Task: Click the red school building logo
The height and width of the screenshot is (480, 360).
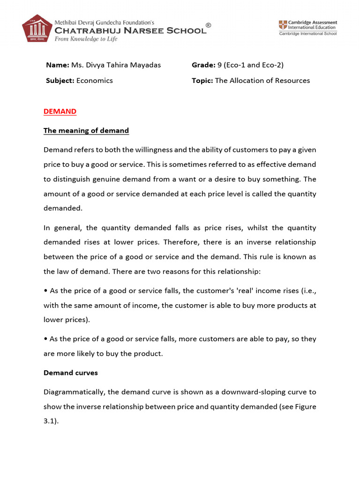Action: click(37, 29)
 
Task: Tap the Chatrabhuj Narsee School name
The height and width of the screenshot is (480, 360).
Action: click(130, 30)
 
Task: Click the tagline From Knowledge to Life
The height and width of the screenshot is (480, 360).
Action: click(86, 39)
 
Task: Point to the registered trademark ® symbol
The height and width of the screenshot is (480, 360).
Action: click(208, 26)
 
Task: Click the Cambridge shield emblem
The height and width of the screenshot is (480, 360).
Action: click(284, 25)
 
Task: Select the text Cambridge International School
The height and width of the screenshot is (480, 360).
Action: click(307, 34)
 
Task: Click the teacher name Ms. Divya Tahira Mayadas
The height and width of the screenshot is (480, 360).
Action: click(116, 65)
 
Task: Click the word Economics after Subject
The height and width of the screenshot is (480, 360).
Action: click(95, 81)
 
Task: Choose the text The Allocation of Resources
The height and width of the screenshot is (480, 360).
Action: click(262, 81)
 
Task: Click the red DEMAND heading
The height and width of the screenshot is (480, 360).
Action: click(60, 111)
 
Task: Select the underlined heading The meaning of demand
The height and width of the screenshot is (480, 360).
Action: click(86, 131)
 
